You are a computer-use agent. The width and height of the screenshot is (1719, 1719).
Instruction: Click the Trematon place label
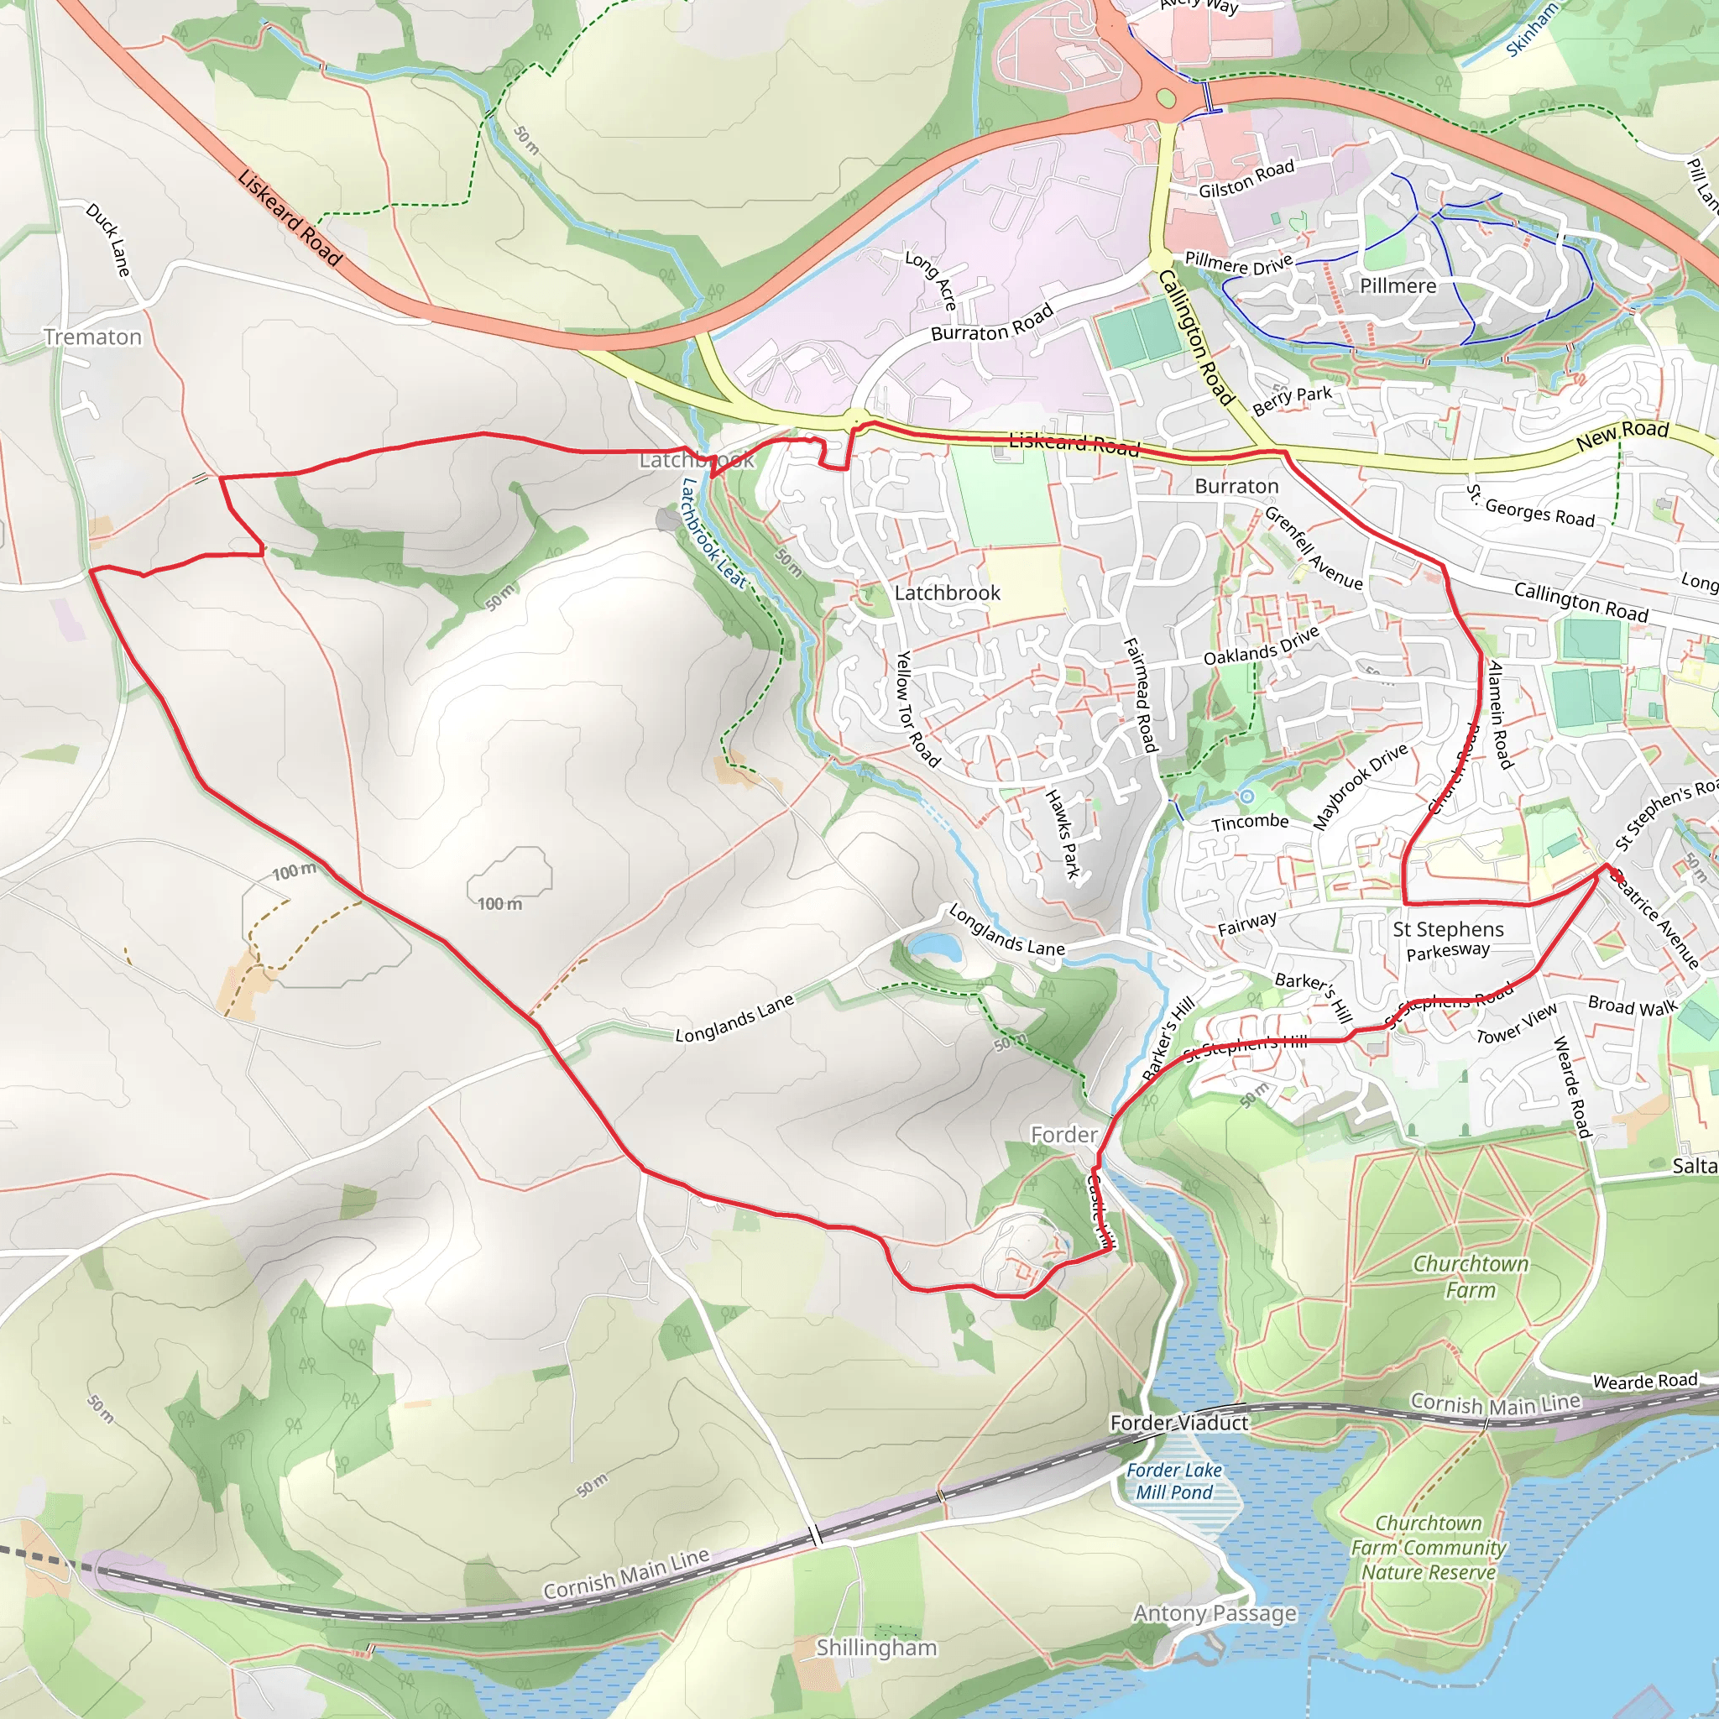tap(92, 337)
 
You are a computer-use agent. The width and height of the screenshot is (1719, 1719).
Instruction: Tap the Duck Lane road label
tap(108, 239)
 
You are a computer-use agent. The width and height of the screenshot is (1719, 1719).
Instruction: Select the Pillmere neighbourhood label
tap(1398, 285)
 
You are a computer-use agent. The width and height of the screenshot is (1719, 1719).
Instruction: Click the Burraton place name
tap(1236, 486)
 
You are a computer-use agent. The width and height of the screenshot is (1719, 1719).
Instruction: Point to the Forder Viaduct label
tap(1179, 1423)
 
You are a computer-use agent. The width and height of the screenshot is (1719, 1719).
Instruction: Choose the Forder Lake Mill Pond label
tap(1174, 1481)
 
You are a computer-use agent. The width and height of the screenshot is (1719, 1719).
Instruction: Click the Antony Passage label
tap(1215, 1613)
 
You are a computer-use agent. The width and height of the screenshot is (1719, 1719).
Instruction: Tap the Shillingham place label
tap(876, 1648)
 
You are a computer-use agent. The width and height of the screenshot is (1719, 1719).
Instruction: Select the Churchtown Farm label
tap(1471, 1277)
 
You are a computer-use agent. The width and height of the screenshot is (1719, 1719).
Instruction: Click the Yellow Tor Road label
tap(917, 709)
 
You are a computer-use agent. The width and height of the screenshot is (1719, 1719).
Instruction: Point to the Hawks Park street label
tap(1063, 833)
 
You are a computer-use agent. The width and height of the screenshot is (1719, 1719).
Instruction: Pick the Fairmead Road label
tap(1140, 695)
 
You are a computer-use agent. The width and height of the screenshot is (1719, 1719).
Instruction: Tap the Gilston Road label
tap(1246, 180)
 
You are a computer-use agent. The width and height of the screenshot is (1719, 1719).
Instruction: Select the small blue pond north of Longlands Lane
tap(936, 947)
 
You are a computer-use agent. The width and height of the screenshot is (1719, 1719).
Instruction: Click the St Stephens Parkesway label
tap(1448, 938)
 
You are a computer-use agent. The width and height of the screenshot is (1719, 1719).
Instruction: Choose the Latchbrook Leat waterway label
tap(713, 533)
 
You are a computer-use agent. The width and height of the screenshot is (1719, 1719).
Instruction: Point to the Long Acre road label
tap(931, 280)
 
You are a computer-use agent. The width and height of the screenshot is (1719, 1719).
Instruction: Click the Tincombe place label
tap(1249, 821)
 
